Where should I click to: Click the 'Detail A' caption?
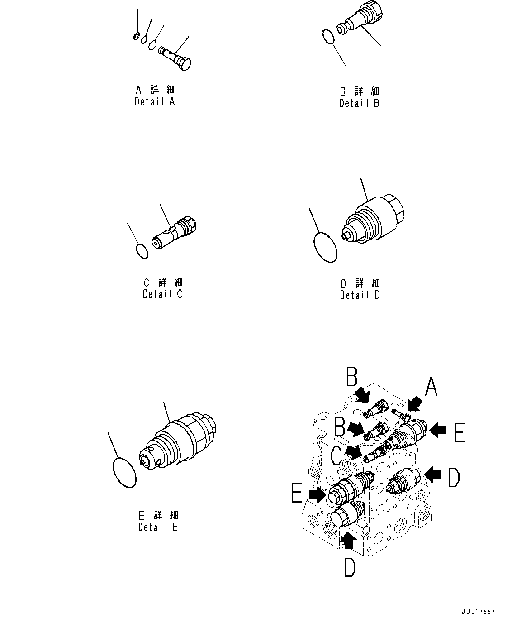click(154, 102)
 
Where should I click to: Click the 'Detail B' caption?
click(360, 103)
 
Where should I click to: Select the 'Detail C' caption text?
click(163, 294)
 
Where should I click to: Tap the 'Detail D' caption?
click(360, 295)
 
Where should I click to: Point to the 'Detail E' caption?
click(158, 527)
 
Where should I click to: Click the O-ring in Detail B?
click(328, 37)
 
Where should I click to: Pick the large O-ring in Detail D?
click(325, 247)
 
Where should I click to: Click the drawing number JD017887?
click(478, 612)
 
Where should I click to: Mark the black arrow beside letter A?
click(414, 403)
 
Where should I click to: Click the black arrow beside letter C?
click(353, 451)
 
